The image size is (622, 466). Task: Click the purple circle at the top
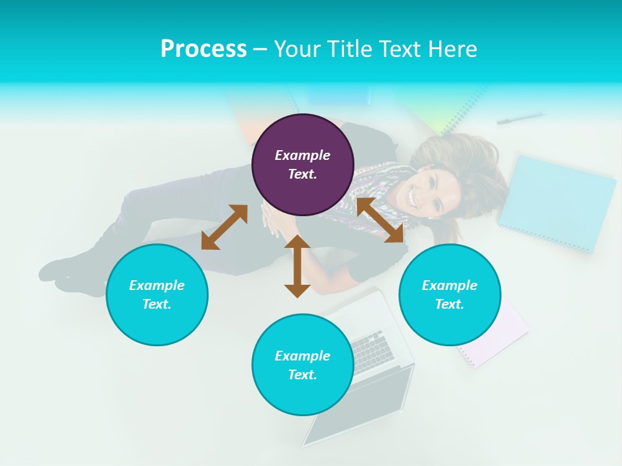click(x=303, y=164)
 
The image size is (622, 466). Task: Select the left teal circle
click(x=157, y=294)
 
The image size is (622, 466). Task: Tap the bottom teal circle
click(x=303, y=364)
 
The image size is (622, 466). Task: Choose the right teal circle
click(x=450, y=294)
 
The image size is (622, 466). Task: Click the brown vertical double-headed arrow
click(x=297, y=266)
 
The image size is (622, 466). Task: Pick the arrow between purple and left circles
click(x=224, y=227)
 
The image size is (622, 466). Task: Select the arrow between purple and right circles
click(x=380, y=221)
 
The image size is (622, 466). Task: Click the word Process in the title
click(x=203, y=49)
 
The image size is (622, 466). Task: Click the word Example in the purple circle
click(x=303, y=155)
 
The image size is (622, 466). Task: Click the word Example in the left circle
click(x=157, y=285)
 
